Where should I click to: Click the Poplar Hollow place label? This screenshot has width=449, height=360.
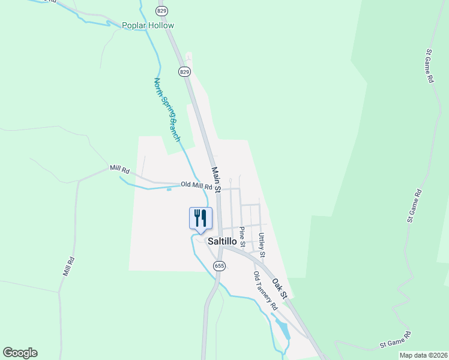click(148, 25)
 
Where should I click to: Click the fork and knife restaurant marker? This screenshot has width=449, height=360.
click(200, 218)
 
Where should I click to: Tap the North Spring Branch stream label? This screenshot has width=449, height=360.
click(167, 109)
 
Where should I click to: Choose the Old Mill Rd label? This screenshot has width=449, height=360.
click(197, 185)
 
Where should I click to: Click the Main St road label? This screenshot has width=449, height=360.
click(217, 179)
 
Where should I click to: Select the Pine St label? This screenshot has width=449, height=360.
click(242, 236)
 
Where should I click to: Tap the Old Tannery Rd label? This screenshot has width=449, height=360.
click(265, 290)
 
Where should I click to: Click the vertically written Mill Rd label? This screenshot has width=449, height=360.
click(68, 266)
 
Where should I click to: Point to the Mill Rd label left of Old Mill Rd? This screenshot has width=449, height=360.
click(119, 170)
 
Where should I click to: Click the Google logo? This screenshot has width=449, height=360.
click(20, 353)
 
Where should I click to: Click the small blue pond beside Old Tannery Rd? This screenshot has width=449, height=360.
click(282, 328)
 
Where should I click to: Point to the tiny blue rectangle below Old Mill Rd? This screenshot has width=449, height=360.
click(169, 190)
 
